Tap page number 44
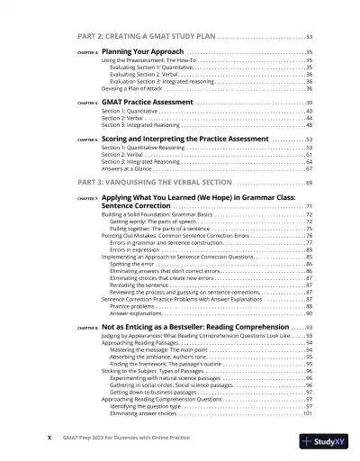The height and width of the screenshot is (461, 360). click(x=309, y=119)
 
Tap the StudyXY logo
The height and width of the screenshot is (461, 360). click(x=326, y=441)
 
